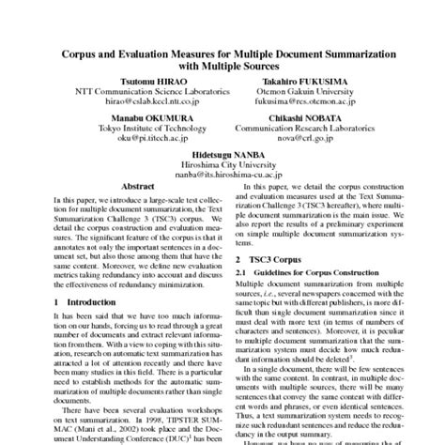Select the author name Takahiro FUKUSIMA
point(306,82)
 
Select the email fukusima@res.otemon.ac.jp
point(306,102)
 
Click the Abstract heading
point(139,187)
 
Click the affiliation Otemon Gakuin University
point(306,92)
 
